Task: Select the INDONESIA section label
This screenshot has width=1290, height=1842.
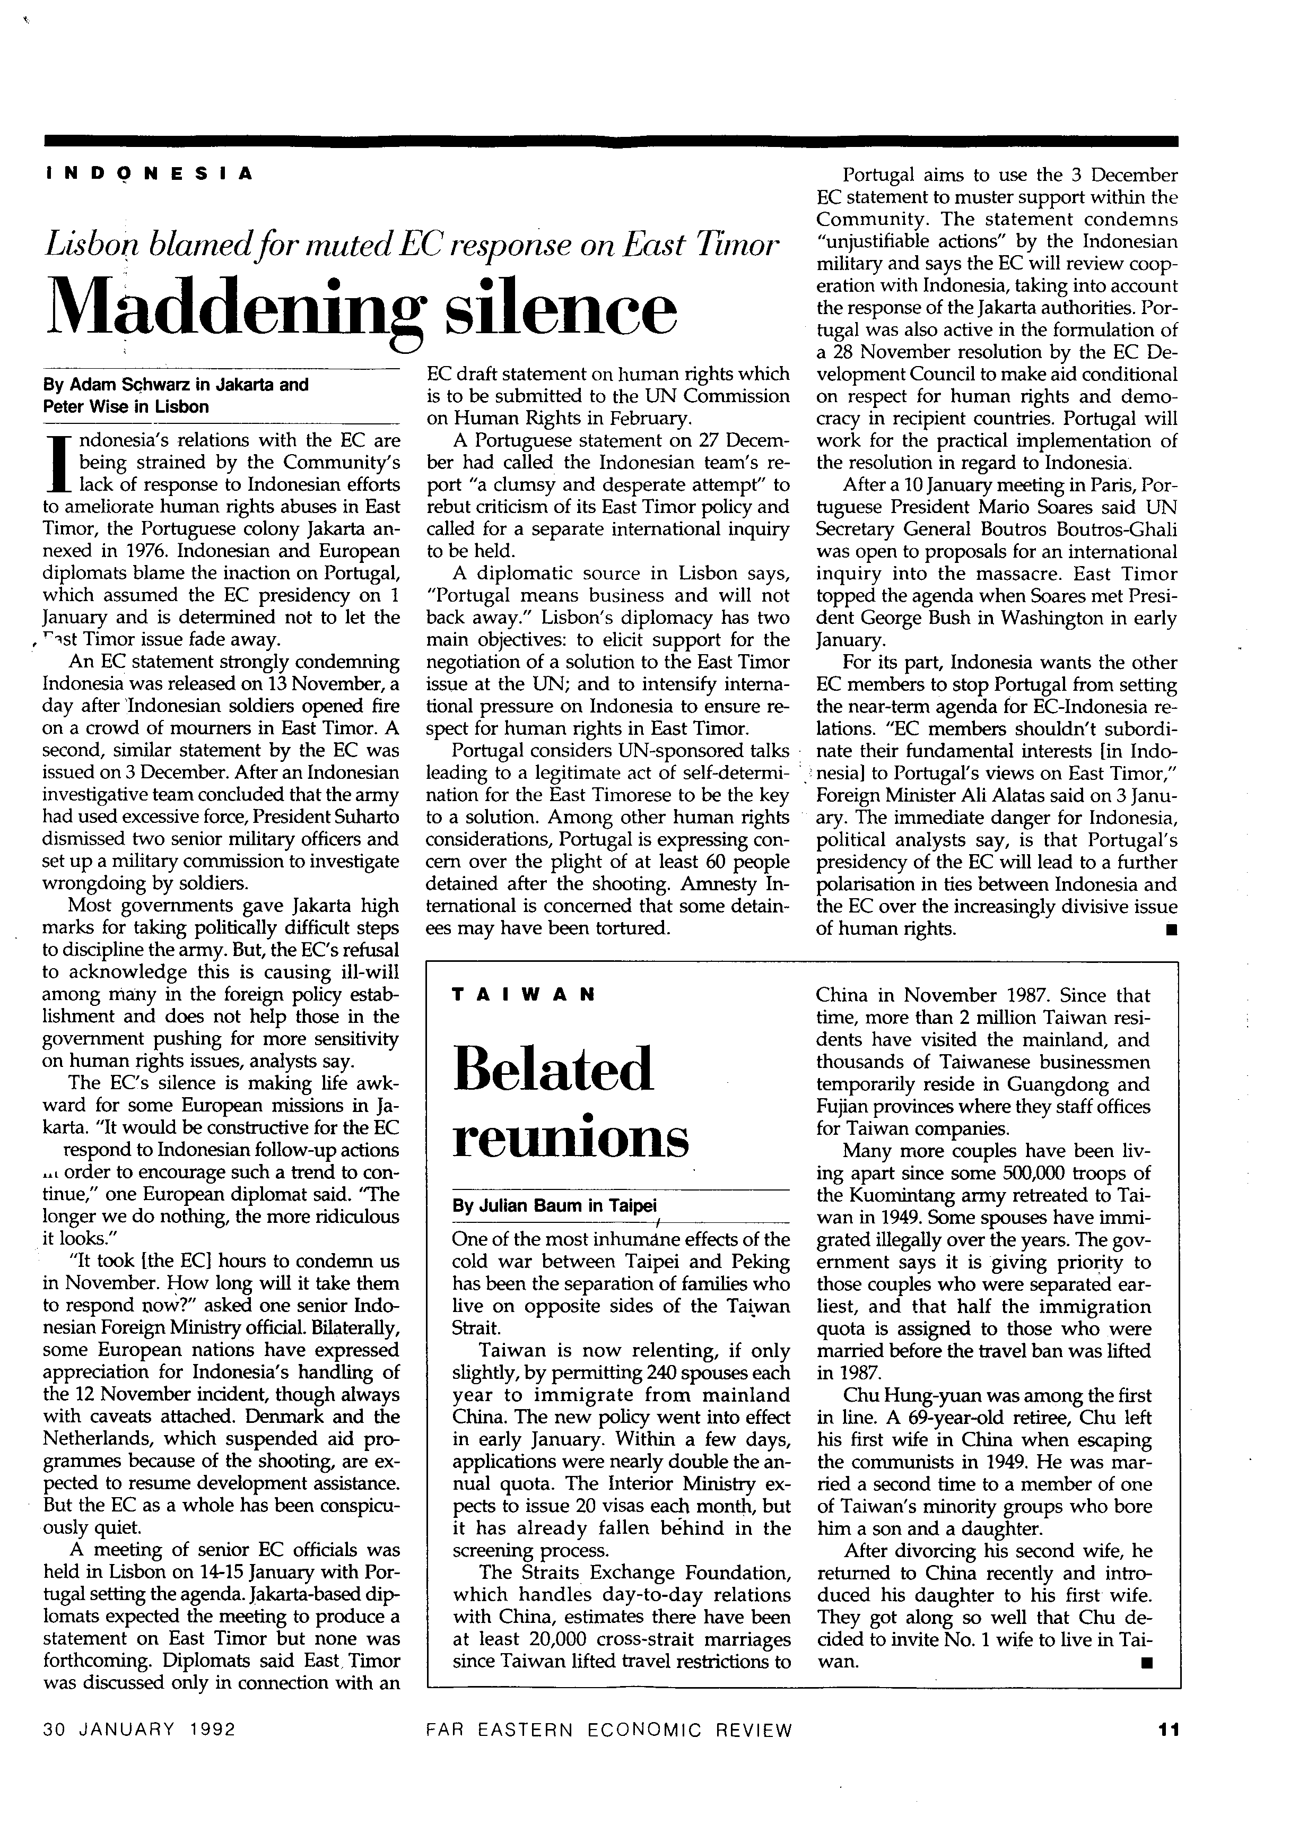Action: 149,172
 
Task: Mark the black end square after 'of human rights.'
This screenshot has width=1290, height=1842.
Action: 1171,931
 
